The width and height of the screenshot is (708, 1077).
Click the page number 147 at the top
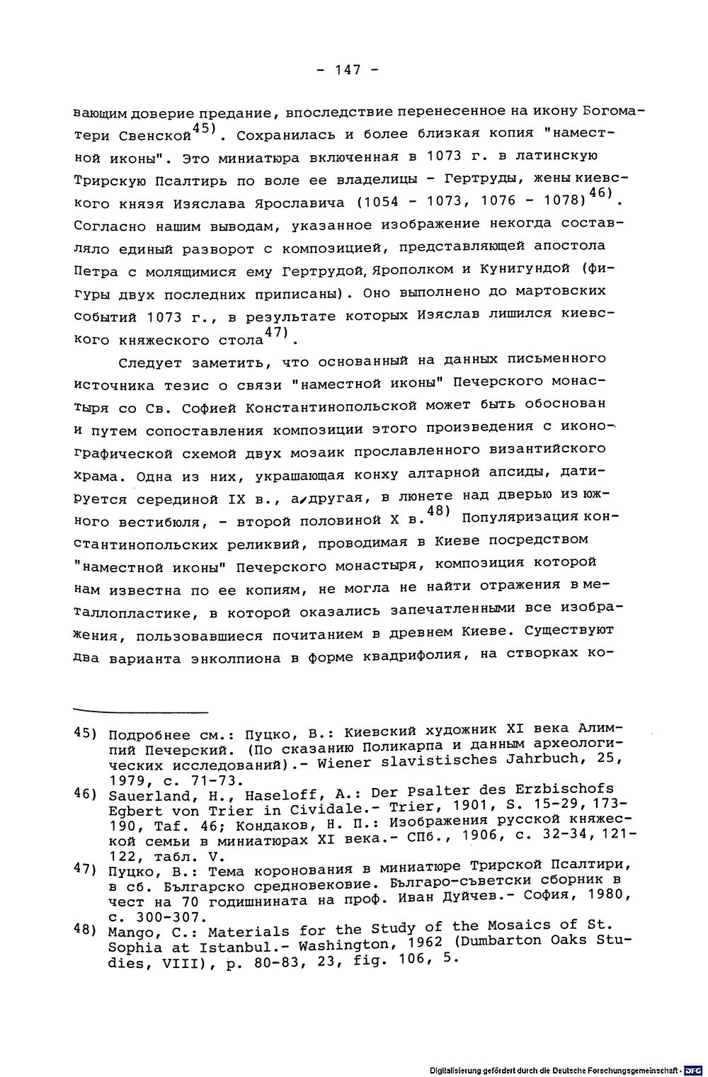click(x=347, y=69)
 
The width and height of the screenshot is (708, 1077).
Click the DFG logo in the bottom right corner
click(x=691, y=1069)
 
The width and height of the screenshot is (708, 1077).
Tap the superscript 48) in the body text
click(x=440, y=511)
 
